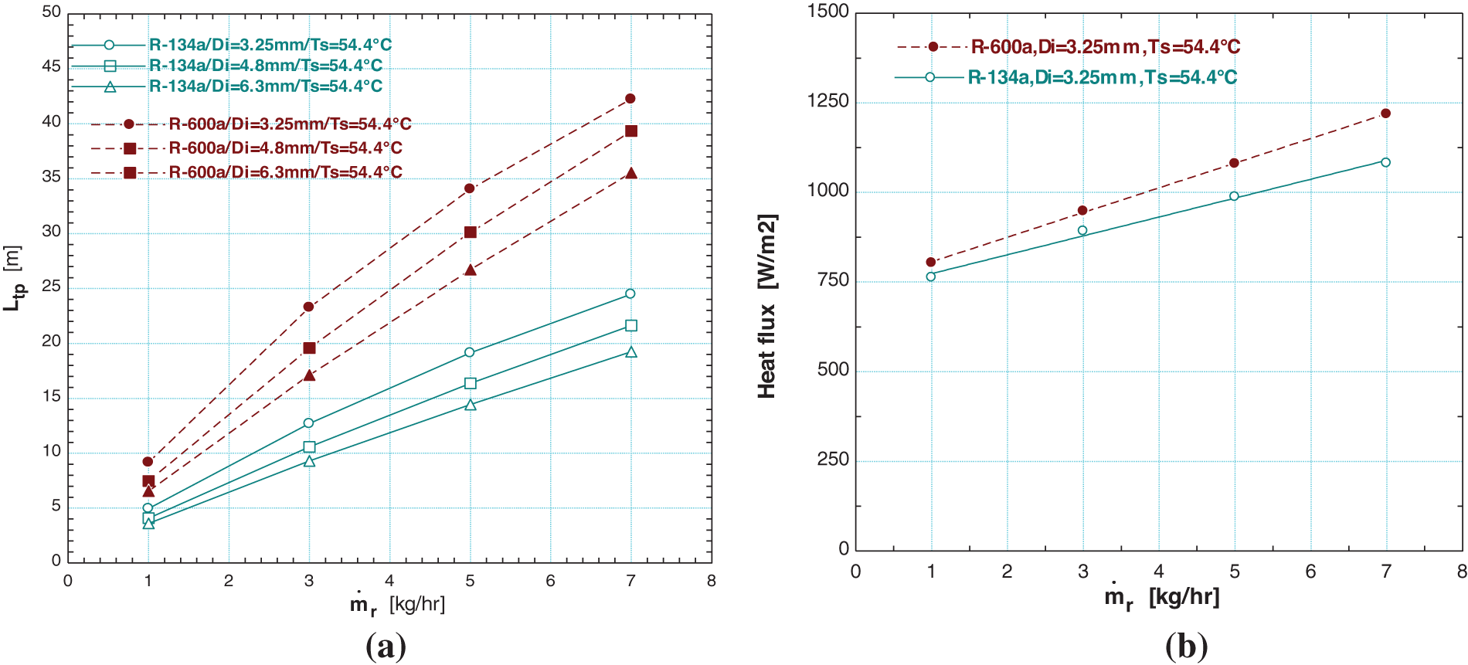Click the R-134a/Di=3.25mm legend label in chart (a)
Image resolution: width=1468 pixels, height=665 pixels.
click(270, 45)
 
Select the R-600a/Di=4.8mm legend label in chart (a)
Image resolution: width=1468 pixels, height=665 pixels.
click(285, 148)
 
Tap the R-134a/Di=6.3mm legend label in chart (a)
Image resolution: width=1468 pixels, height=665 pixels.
click(266, 87)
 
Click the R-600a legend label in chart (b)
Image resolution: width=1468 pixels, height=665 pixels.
click(1105, 47)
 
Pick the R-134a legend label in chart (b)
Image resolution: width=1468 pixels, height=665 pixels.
click(1102, 77)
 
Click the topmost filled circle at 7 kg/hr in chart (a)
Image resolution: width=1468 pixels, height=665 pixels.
click(630, 99)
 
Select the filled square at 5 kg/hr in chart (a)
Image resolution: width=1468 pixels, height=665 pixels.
click(471, 232)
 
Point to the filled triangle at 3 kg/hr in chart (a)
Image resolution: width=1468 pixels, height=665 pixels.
click(309, 375)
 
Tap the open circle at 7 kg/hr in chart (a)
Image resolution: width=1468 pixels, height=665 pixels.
click(630, 293)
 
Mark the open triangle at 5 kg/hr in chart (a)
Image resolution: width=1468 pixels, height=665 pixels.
click(471, 405)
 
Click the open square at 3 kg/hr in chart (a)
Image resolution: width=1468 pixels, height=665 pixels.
click(309, 447)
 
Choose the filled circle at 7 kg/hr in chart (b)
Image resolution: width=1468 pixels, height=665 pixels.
click(1385, 114)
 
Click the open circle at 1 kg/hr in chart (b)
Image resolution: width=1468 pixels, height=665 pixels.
click(930, 277)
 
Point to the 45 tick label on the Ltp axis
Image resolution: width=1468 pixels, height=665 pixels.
click(51, 66)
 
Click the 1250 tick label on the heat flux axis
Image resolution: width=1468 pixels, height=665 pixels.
click(827, 101)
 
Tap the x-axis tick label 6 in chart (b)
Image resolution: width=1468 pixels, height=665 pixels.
click(1310, 572)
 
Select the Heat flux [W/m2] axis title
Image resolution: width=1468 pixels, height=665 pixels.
click(766, 306)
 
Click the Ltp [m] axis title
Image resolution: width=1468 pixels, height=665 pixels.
click(13, 278)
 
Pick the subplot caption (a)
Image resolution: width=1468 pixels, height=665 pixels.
click(386, 646)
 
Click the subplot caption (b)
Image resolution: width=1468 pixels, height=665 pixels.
click(1186, 646)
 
